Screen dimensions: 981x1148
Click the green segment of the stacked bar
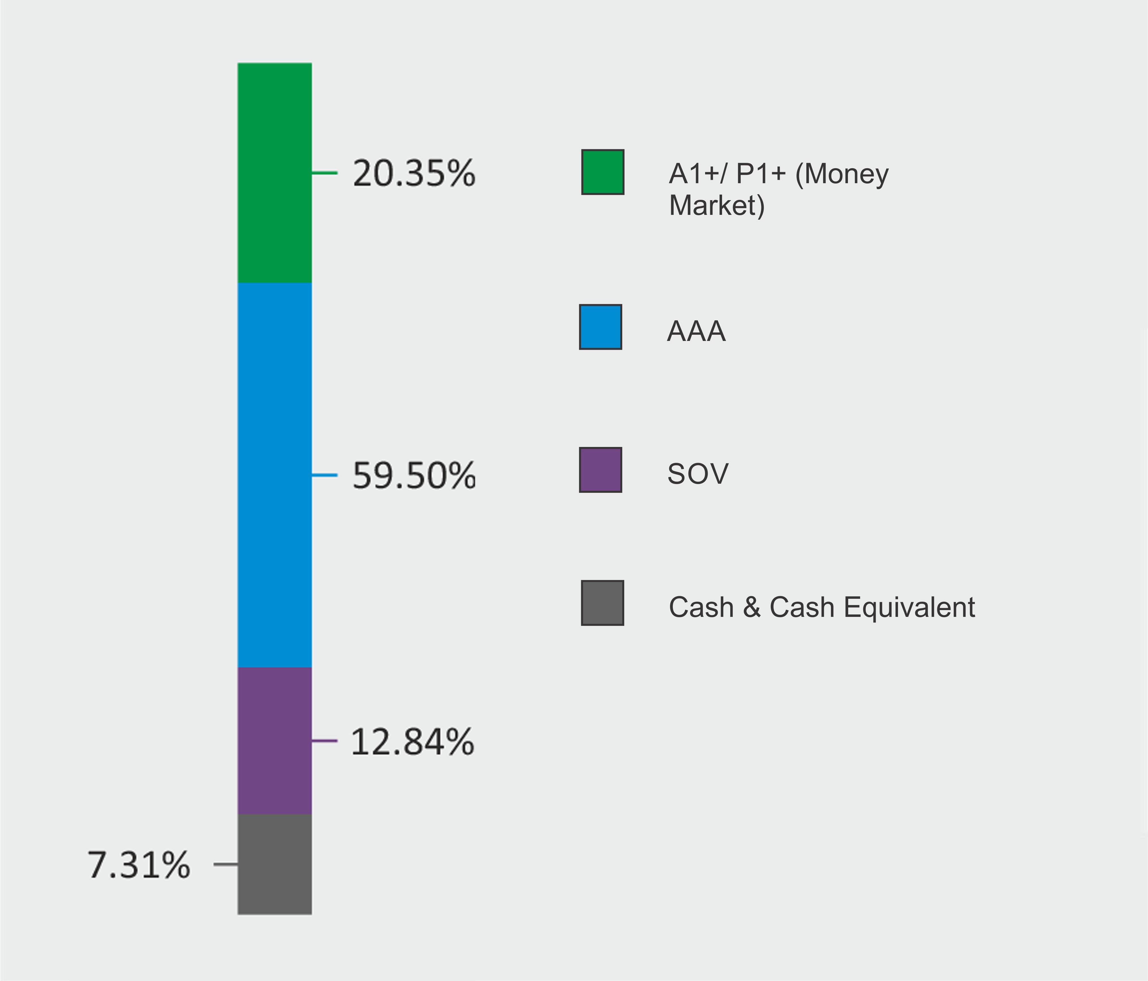coord(274,173)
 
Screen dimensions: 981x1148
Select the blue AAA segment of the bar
coord(274,475)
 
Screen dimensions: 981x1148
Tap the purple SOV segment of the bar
coord(274,741)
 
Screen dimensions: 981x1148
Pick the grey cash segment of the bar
coord(274,864)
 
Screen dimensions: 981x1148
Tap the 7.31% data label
coord(139,865)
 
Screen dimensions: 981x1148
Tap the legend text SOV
coord(697,474)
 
